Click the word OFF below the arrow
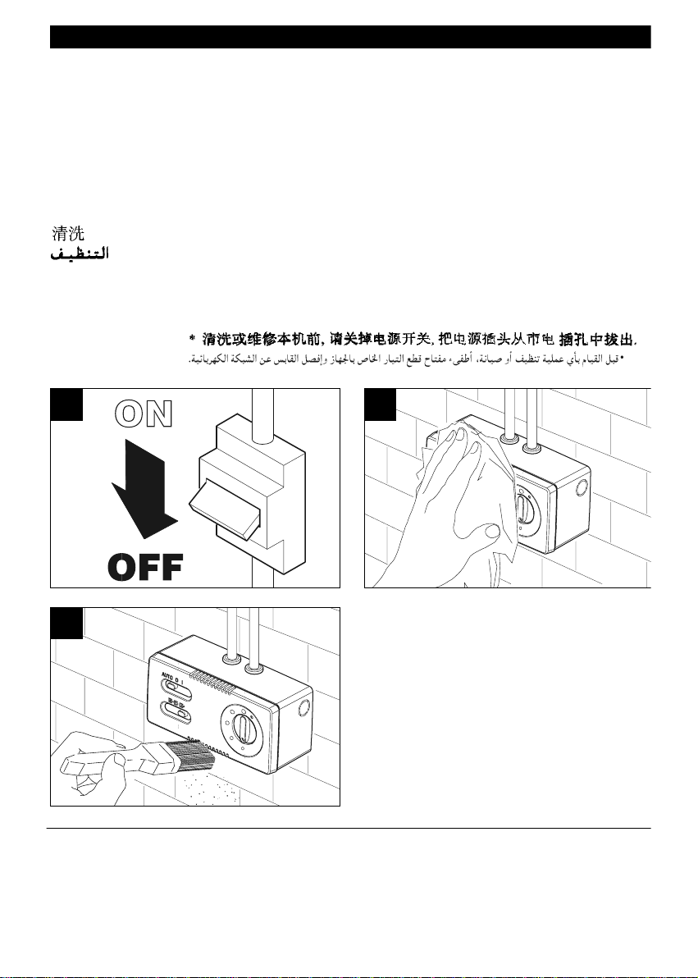[145, 565]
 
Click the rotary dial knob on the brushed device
[243, 726]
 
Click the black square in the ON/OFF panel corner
[66, 404]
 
